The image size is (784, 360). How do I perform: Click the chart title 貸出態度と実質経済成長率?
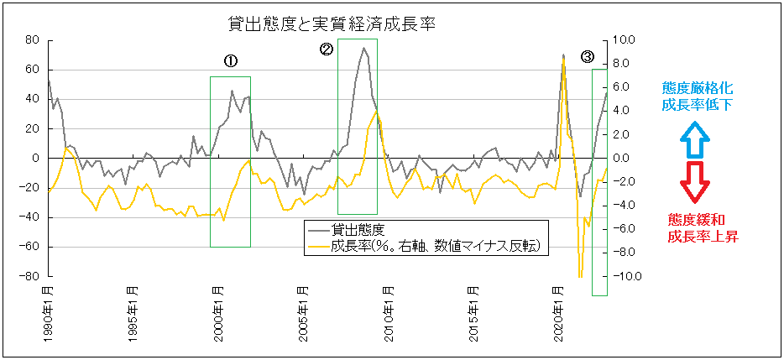(x=332, y=23)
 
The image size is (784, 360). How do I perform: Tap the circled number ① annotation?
(x=230, y=61)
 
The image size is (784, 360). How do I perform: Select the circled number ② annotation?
(x=327, y=50)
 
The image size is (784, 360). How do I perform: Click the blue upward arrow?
(x=695, y=141)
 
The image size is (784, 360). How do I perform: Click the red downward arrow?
(x=695, y=182)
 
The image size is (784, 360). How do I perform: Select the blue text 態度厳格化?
(x=698, y=87)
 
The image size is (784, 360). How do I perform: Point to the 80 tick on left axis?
(x=33, y=39)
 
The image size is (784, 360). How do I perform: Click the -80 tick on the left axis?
(x=30, y=276)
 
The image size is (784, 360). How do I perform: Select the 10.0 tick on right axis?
(x=627, y=39)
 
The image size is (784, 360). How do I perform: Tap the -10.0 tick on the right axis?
(x=630, y=276)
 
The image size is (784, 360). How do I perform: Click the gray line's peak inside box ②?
(x=364, y=48)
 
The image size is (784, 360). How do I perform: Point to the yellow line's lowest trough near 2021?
(x=580, y=276)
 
